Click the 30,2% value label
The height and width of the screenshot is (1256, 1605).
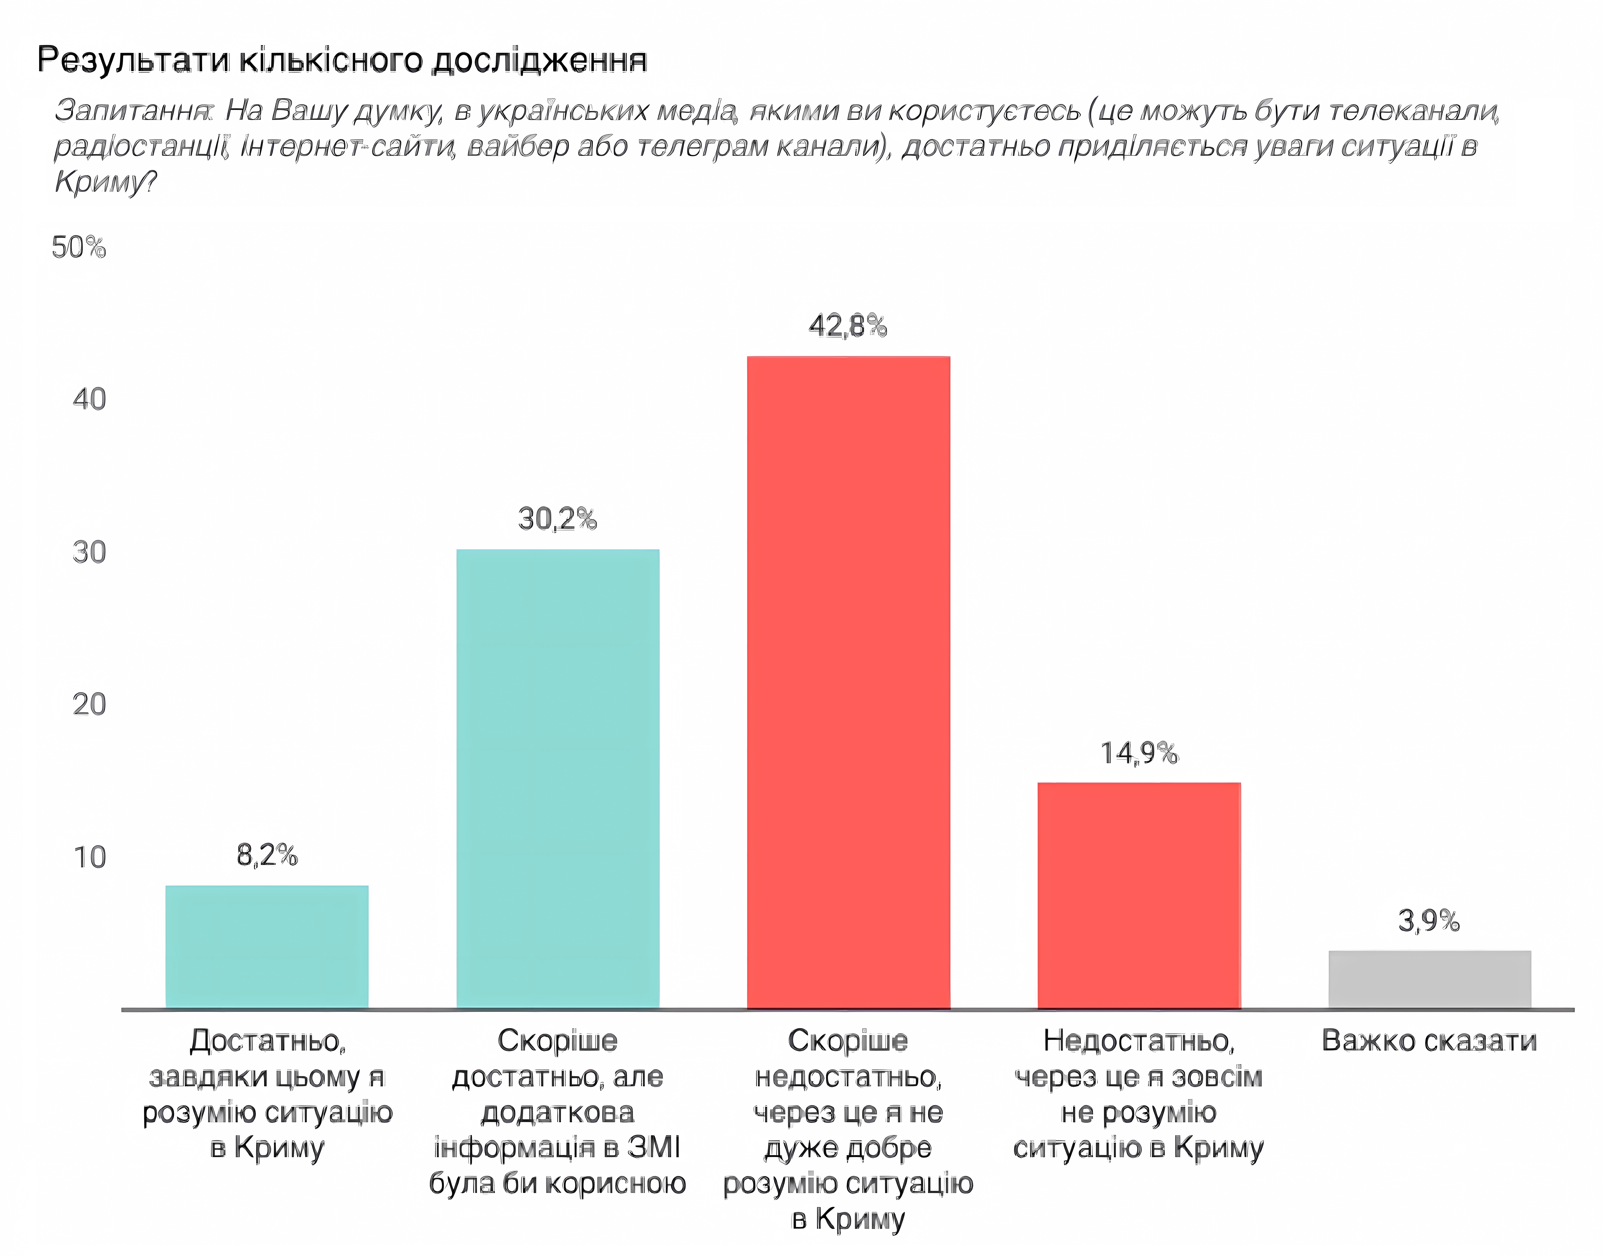pos(557,519)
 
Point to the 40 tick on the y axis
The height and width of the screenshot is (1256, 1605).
pos(89,399)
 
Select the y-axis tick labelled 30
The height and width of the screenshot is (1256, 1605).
pos(89,552)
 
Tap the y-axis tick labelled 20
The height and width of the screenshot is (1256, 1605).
pos(89,705)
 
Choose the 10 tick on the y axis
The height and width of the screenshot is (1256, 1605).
pos(89,857)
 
